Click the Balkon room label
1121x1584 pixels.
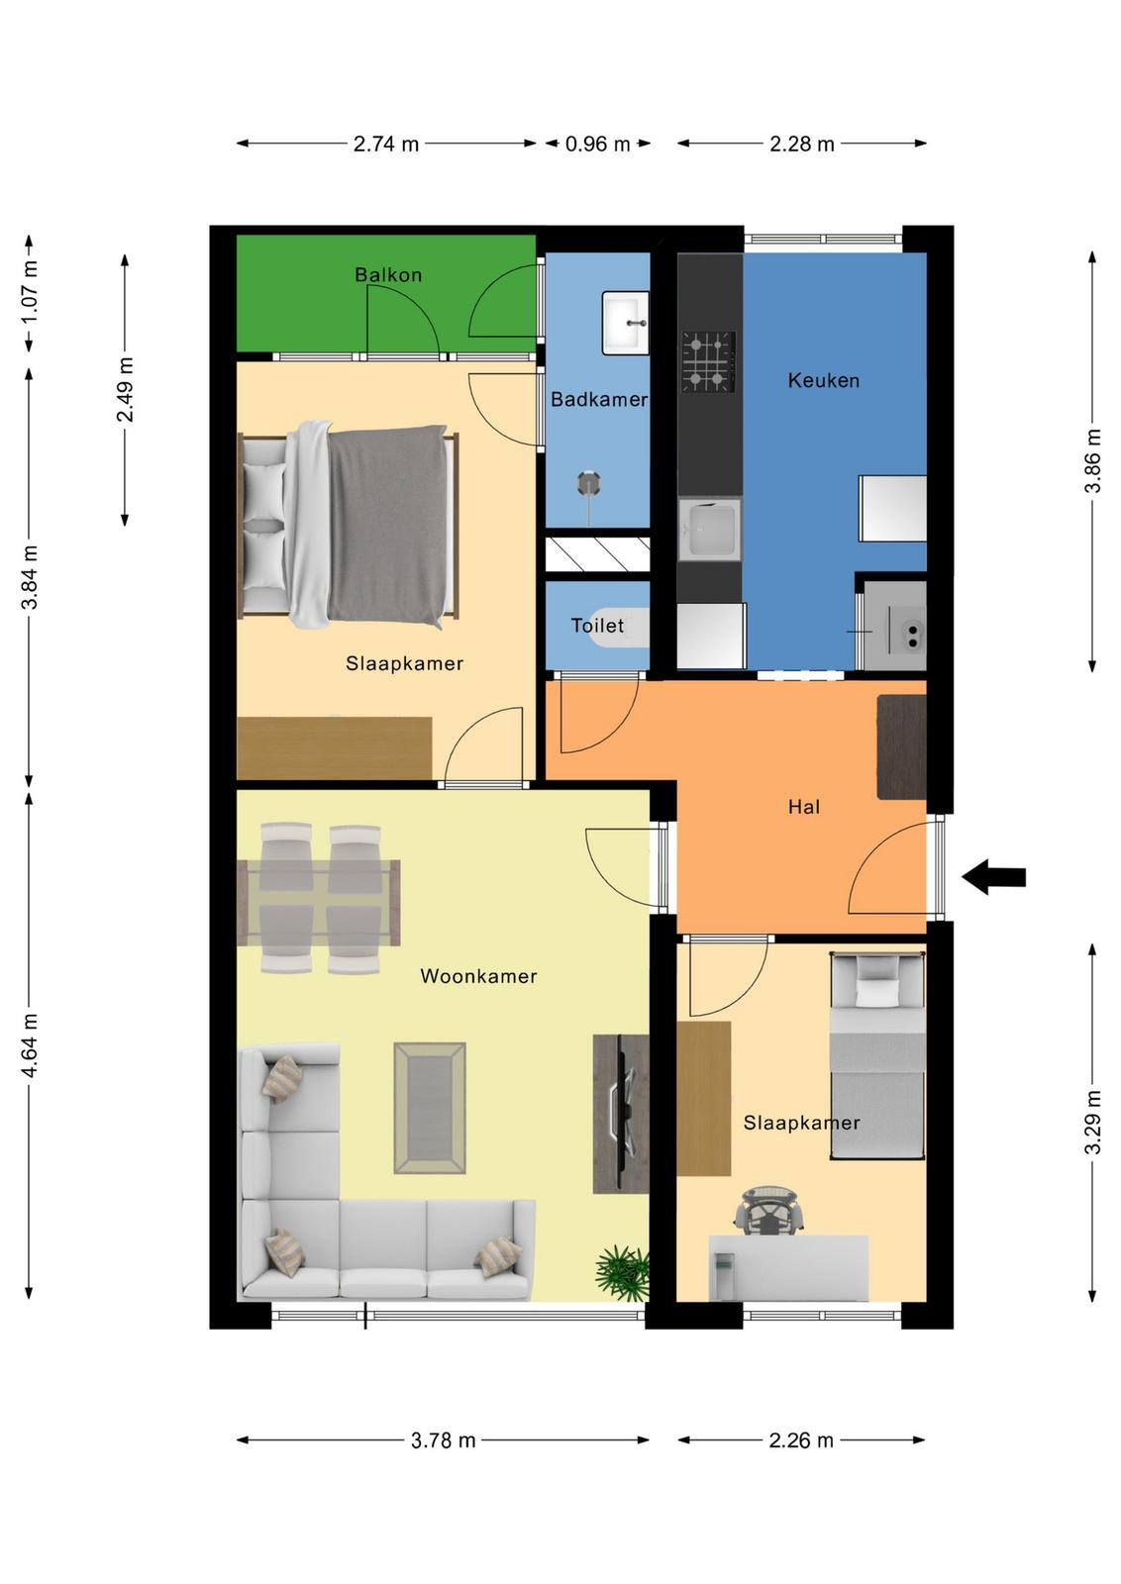[387, 274]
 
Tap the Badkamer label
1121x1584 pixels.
[599, 400]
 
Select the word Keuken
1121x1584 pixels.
[823, 380]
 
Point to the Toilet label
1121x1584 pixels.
[597, 625]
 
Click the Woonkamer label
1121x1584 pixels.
[478, 976]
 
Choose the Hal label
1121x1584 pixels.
[803, 807]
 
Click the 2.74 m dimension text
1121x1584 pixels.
[386, 145]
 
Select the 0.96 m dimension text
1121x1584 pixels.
[597, 145]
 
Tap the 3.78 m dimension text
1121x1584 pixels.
[444, 1440]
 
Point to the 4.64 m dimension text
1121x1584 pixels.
[30, 1045]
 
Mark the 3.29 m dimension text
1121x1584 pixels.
[1093, 1122]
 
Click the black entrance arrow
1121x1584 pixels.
[993, 877]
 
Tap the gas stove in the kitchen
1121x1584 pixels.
[708, 362]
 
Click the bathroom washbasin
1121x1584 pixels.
[625, 323]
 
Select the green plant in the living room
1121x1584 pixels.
[622, 1273]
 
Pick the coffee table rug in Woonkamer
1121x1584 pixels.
[430, 1108]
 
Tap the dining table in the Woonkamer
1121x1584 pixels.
[319, 902]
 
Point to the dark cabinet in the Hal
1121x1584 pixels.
[902, 746]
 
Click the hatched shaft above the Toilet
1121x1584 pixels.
[597, 553]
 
